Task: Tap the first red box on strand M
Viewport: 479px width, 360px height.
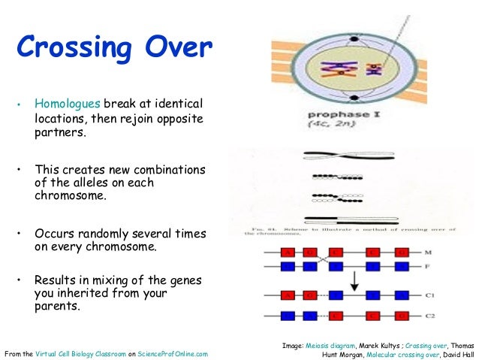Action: [x=288, y=252]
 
